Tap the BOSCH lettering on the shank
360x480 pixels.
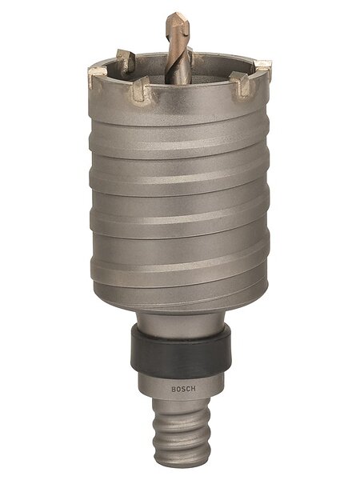click(x=183, y=389)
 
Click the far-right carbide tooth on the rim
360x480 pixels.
click(x=263, y=68)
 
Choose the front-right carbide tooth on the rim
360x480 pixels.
click(x=242, y=83)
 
